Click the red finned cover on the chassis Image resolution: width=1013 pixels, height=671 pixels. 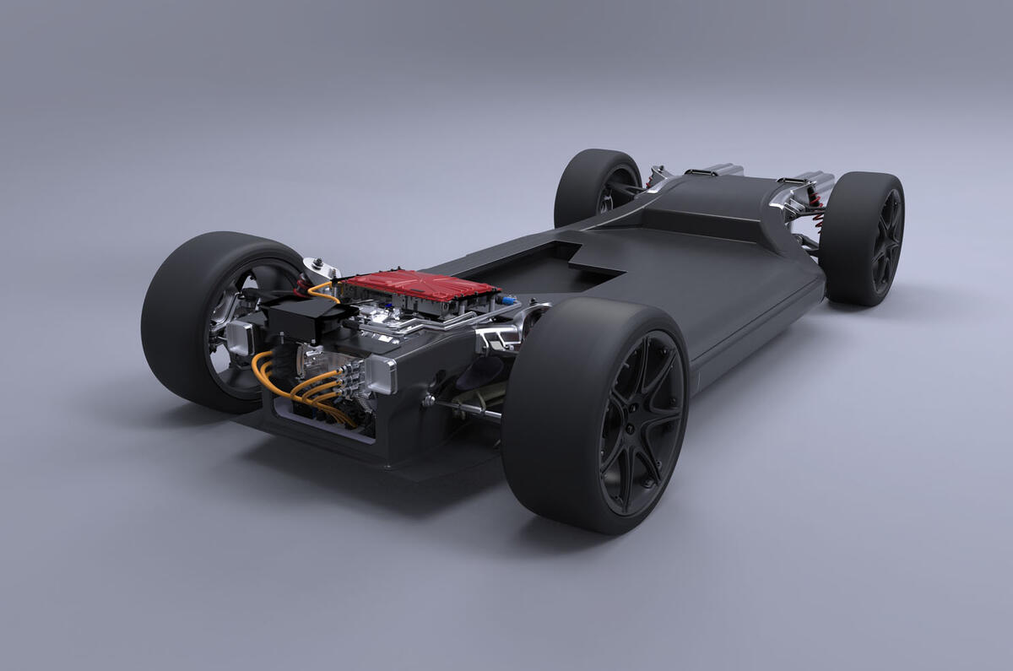pos(419,286)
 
